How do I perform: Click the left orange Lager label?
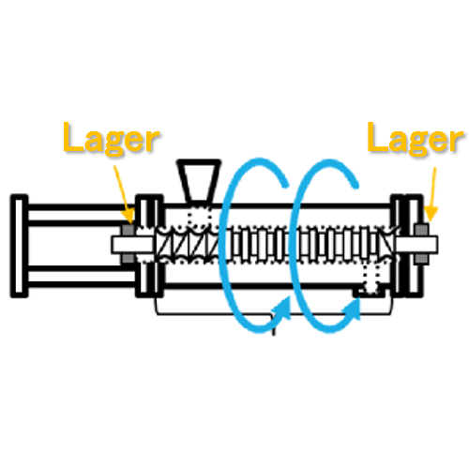(112, 139)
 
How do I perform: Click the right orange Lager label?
(415, 139)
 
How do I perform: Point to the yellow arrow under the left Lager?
(124, 194)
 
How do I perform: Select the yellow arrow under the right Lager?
(431, 194)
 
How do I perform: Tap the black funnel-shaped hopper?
(199, 181)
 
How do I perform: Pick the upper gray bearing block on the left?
(129, 230)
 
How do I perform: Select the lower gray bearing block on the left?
(129, 258)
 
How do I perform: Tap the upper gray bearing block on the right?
(421, 230)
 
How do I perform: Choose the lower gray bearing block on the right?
(421, 259)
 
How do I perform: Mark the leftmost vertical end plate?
(19, 246)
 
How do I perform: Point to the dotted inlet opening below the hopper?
(200, 217)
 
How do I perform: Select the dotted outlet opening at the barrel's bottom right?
(371, 279)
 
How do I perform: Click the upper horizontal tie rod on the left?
(82, 215)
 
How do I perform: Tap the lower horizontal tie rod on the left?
(82, 277)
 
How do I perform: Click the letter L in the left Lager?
(73, 137)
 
